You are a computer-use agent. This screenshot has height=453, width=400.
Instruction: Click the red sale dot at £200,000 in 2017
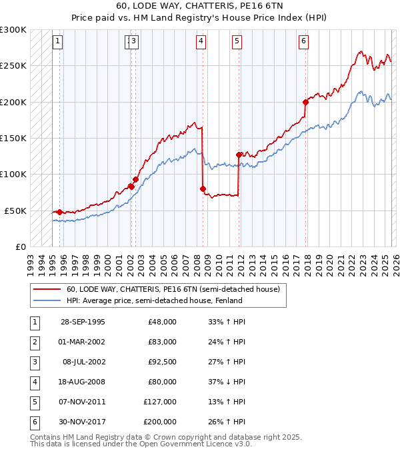click(x=305, y=102)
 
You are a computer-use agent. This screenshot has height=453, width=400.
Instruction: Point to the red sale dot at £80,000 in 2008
click(x=203, y=189)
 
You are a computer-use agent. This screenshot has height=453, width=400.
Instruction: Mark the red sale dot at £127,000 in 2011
click(x=239, y=155)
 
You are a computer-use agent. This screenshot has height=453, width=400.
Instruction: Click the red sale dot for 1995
click(x=60, y=212)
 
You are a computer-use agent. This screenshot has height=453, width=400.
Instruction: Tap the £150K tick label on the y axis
click(x=13, y=138)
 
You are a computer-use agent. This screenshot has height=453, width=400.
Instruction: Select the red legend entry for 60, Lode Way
click(x=177, y=289)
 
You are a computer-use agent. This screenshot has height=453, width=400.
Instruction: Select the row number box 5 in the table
click(x=34, y=402)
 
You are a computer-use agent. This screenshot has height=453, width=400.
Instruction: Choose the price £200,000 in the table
click(x=160, y=422)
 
